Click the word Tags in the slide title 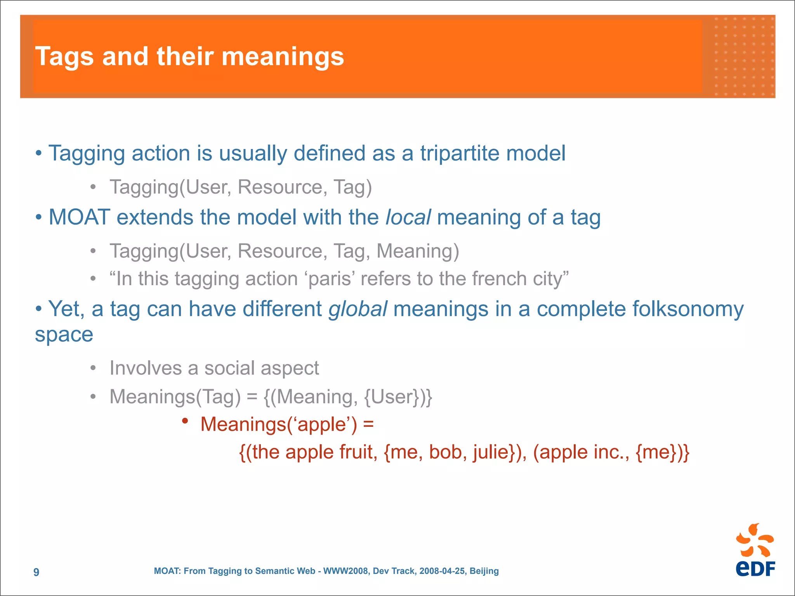64,57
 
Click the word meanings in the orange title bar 283,57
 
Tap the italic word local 408,217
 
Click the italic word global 358,309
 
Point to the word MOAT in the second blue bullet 79,217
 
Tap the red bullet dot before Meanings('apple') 185,421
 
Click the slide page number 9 36,572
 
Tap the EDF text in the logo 755,569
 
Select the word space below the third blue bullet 64,334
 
